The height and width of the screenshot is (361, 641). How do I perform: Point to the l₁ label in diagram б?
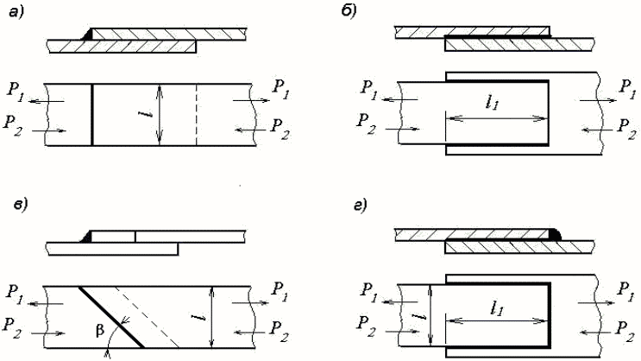pos(493,103)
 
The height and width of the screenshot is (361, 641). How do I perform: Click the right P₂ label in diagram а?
pos(280,124)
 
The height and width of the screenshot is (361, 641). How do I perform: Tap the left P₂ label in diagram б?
pos(368,126)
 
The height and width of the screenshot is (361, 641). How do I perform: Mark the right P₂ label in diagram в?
pos(279,326)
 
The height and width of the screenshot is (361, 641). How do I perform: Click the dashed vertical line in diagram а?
pos(196,113)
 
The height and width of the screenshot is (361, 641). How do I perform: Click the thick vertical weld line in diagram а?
pos(91,113)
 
